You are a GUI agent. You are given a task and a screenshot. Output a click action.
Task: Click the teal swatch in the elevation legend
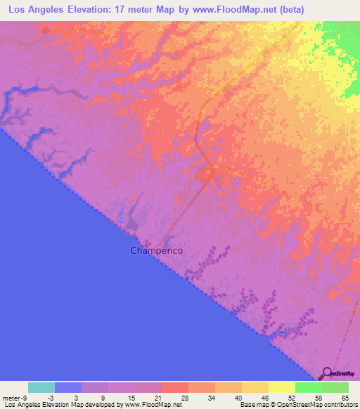pyautogui.click(x=41, y=387)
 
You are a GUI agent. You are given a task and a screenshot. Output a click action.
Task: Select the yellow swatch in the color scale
pyautogui.click(x=281, y=387)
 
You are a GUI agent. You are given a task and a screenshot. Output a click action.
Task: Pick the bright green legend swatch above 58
pyautogui.click(x=308, y=387)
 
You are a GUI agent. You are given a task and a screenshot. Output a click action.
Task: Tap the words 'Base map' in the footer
pyautogui.click(x=253, y=405)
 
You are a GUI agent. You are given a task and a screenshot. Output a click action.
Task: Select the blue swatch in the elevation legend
pyautogui.click(x=68, y=387)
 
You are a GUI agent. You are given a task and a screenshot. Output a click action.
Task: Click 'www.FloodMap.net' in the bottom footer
pyautogui.click(x=153, y=405)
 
